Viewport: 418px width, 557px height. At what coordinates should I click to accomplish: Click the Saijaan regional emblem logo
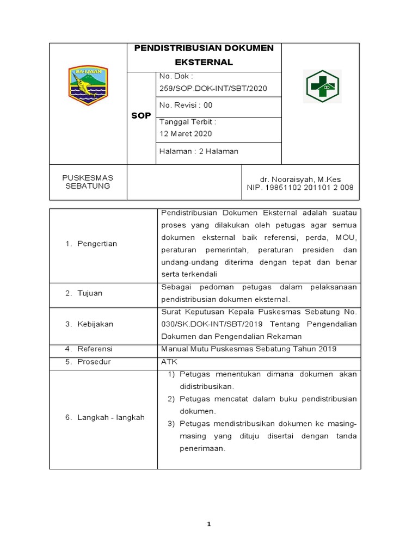88,86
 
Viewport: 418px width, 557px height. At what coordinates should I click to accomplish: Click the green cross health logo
322,86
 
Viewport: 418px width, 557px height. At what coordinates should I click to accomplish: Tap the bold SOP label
142,116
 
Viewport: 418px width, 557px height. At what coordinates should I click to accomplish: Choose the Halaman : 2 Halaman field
199,151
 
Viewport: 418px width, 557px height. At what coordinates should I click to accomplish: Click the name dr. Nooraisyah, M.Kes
301,179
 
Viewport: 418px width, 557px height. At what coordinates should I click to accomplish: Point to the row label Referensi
94,349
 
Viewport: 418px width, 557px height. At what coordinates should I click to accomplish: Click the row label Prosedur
94,361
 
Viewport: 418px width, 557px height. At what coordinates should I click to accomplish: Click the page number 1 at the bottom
208,524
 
